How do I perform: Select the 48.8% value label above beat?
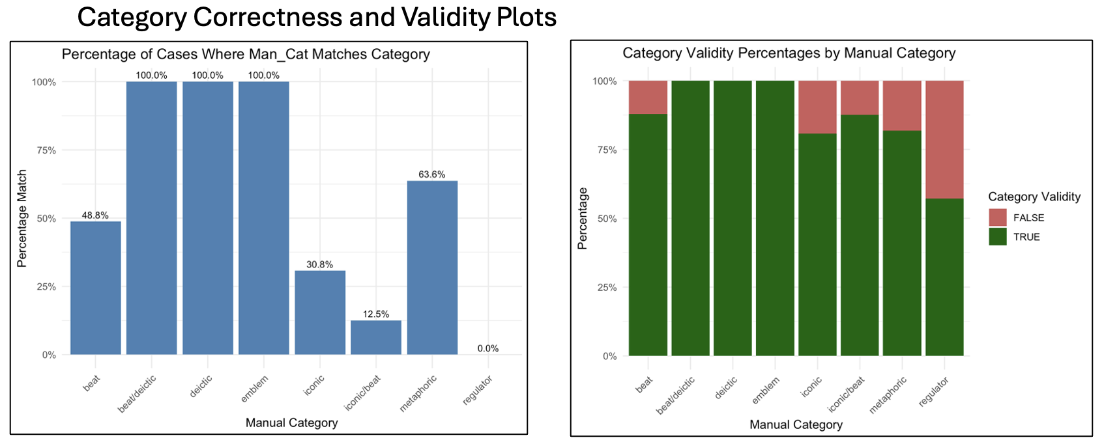95,215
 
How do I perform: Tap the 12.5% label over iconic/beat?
376,314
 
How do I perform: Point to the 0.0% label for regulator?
487,349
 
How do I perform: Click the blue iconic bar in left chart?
320,312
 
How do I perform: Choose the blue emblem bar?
263,218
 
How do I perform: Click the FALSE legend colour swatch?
997,218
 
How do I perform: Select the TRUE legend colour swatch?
997,237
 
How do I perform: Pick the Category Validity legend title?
1034,197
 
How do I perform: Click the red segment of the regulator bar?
944,139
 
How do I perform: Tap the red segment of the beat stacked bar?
648,97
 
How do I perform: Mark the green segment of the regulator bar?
944,277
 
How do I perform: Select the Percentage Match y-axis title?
22,218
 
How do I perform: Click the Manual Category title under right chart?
796,425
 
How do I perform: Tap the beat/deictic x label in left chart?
138,393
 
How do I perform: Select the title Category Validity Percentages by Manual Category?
789,53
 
